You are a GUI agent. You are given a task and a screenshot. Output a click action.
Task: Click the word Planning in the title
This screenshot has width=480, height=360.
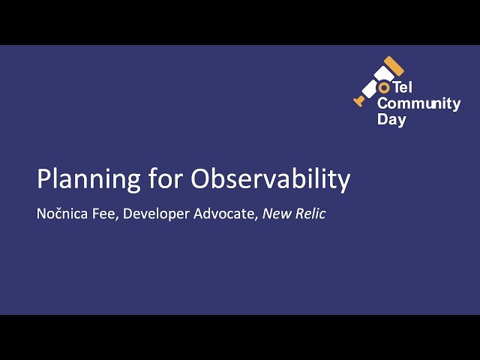(x=81, y=180)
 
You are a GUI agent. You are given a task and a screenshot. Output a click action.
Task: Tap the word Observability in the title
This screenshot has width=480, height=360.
(x=270, y=180)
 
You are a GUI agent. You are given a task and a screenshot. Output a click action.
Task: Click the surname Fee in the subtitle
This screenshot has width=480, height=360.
(x=105, y=214)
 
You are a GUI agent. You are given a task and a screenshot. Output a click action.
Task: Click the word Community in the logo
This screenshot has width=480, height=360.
(x=418, y=104)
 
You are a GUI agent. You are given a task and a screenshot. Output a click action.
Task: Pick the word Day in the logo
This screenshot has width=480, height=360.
(x=391, y=119)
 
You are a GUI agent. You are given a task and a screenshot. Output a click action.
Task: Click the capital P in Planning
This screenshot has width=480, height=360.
(x=43, y=180)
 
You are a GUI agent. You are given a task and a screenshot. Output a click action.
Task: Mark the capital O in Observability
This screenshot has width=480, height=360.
(x=200, y=180)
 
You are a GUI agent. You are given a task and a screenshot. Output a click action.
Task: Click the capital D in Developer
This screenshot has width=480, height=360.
(x=127, y=214)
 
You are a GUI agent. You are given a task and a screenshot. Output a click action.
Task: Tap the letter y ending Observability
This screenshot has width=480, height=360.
(x=344, y=182)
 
